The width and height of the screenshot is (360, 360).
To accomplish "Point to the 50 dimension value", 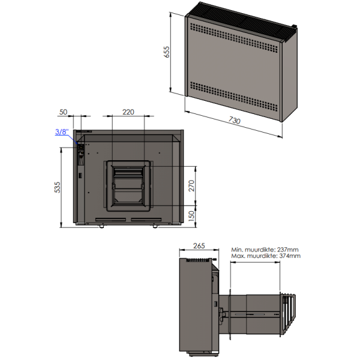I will pos(63,112).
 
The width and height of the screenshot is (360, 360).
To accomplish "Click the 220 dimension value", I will pos(127,112).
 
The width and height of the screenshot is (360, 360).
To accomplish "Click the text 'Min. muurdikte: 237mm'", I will pos(265,249).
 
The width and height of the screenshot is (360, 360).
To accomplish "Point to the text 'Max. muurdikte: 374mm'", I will pos(265,256).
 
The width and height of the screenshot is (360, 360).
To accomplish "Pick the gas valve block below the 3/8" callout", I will pos(79,155).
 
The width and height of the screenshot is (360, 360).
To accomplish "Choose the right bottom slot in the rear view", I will pos(147,220).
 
